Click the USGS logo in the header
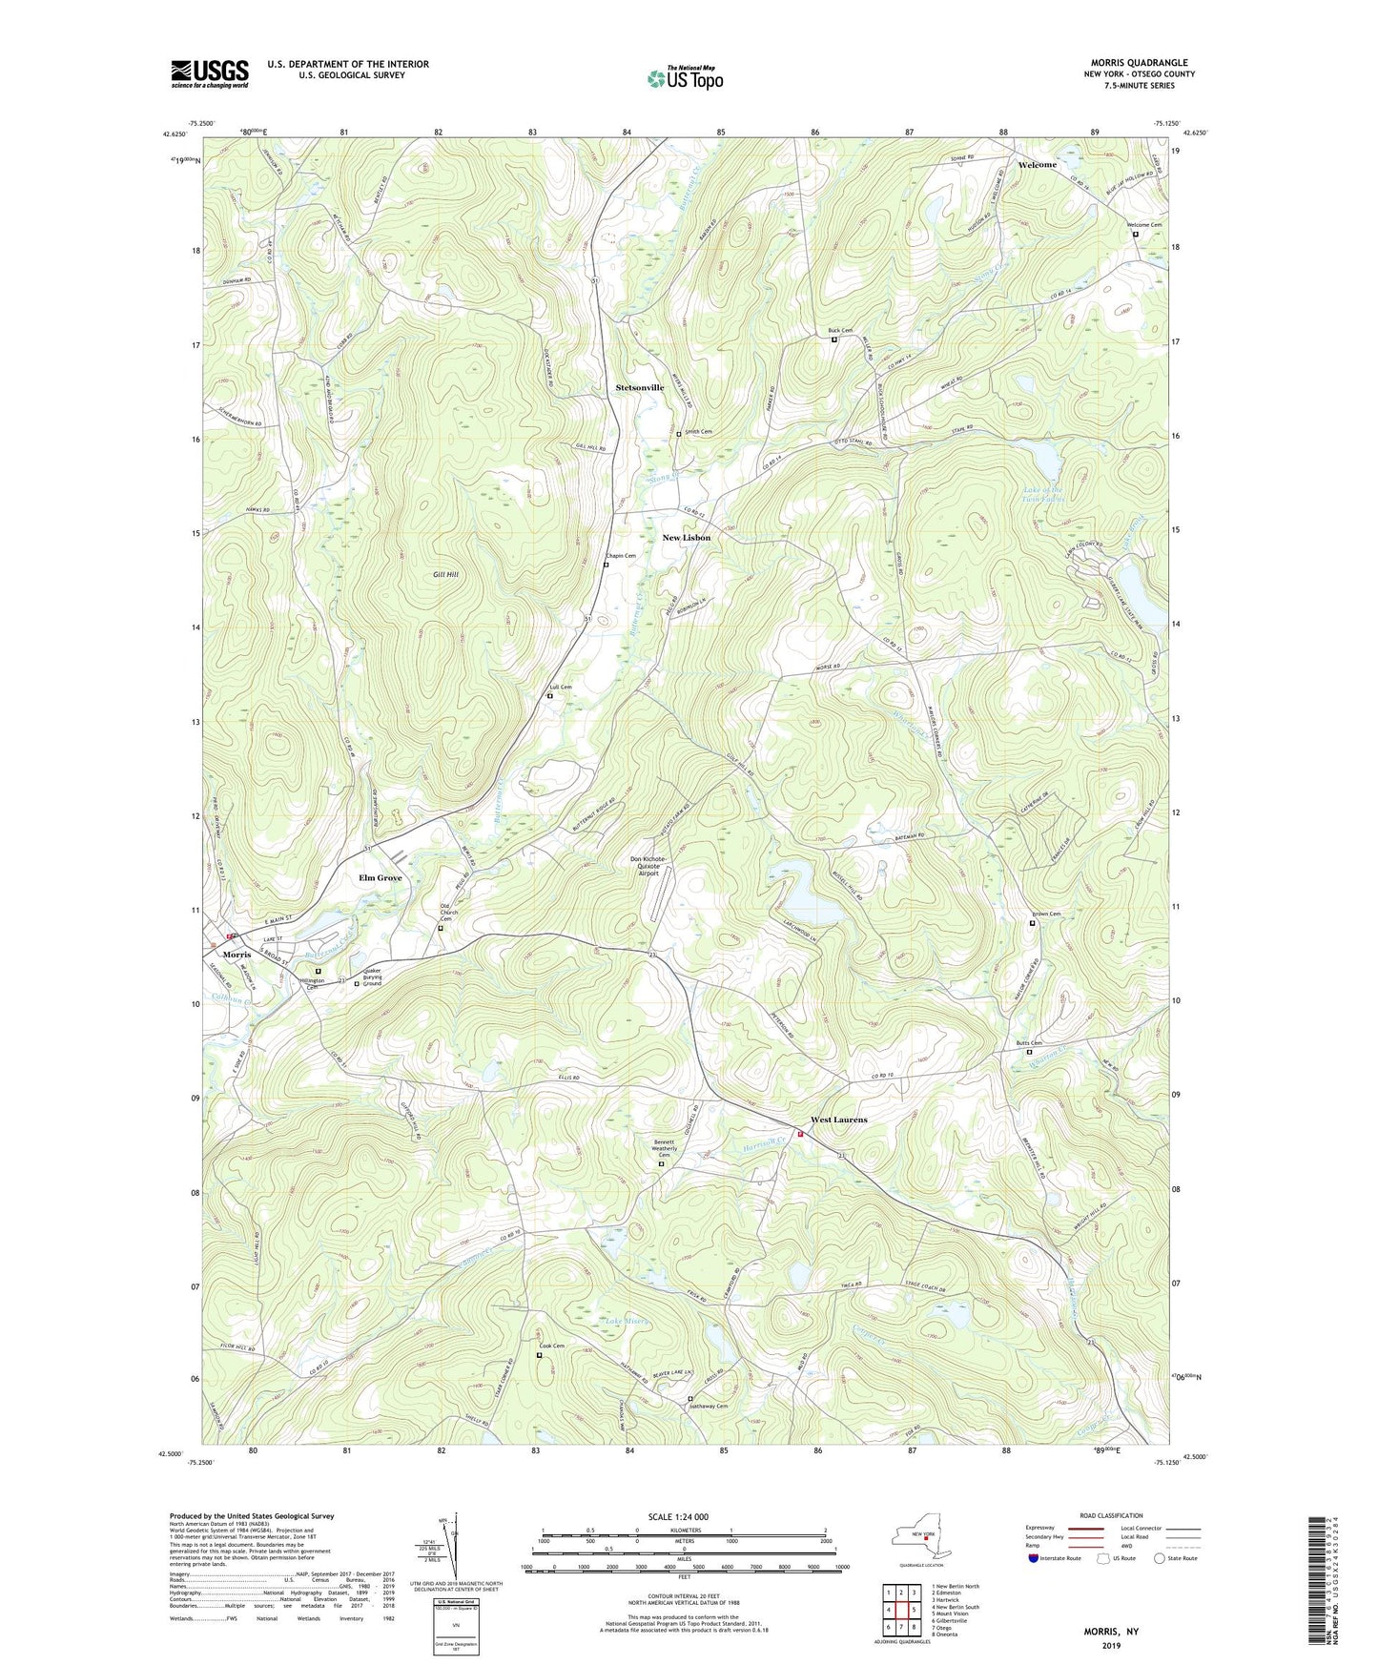210,73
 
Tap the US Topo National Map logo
684,78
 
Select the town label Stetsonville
639,387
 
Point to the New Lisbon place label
686,538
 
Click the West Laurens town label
838,1120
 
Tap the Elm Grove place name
380,877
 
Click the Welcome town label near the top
1037,165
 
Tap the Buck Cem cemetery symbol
833,340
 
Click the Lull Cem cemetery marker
549,696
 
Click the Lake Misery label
627,1321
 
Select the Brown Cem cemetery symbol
1033,923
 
